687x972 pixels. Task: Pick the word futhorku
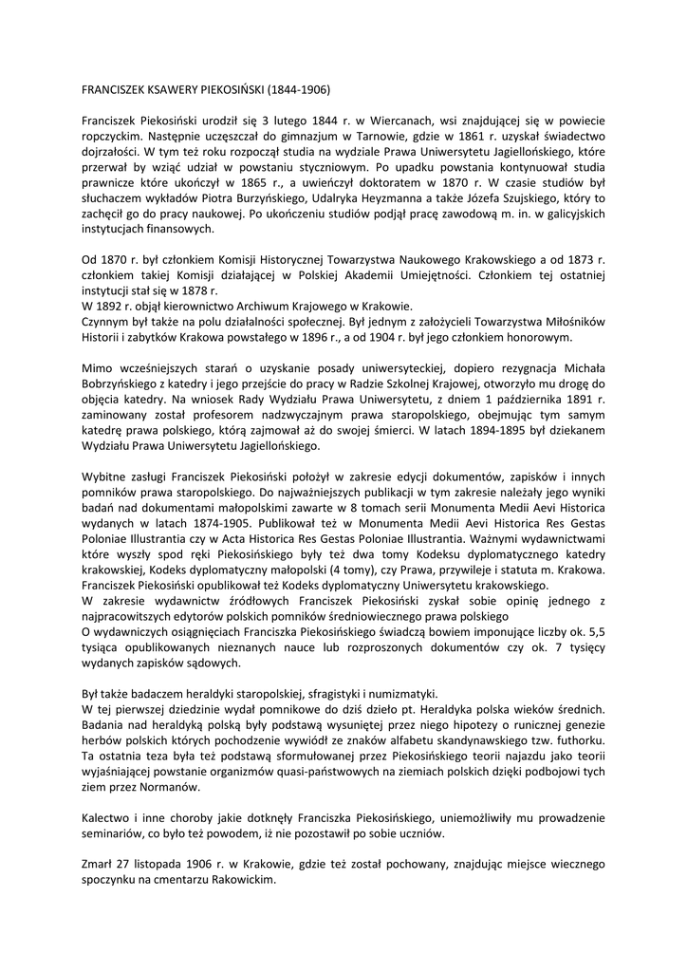pyautogui.click(x=578, y=738)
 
